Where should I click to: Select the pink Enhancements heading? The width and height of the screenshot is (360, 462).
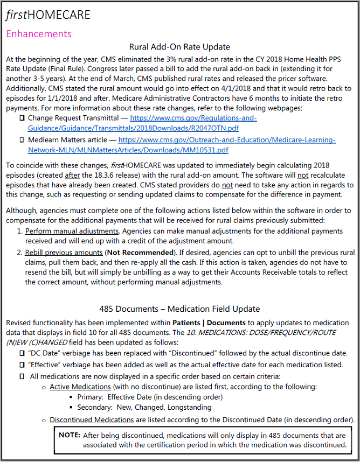pyautogui.click(x=38, y=33)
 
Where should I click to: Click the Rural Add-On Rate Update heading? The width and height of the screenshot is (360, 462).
pyautogui.click(x=179, y=47)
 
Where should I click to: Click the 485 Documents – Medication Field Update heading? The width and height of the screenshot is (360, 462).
pyautogui.click(x=179, y=309)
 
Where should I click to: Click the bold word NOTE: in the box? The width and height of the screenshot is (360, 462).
pyautogui.click(x=70, y=435)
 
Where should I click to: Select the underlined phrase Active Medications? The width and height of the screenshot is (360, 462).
pyautogui.click(x=80, y=387)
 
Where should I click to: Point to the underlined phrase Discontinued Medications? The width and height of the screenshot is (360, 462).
pyautogui.click(x=92, y=419)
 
